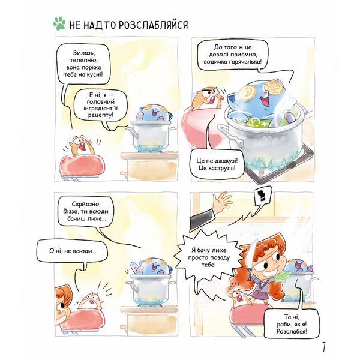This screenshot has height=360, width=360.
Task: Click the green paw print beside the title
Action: pos(59,23)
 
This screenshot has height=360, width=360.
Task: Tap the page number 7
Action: pos(324,347)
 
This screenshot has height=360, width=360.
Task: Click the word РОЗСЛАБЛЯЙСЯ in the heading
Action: pos(154,25)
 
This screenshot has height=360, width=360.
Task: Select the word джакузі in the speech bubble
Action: pos(225,160)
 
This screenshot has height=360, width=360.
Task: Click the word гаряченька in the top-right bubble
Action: pos(245,62)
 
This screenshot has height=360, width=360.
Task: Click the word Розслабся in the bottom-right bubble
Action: pos(292,331)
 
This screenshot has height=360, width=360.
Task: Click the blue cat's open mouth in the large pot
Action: pos(264,101)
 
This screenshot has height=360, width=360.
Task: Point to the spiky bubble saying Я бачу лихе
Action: pos(209,257)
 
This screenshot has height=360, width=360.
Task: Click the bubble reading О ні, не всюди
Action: pos(73,251)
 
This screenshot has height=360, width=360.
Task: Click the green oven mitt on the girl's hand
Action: pos(281,276)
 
